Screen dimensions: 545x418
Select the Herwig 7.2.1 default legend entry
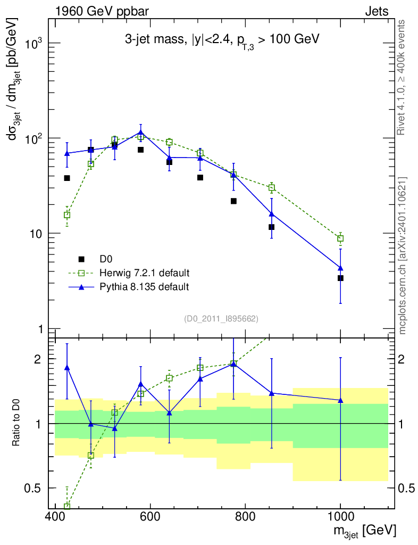(x=144, y=273)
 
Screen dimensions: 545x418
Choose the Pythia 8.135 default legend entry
(x=144, y=287)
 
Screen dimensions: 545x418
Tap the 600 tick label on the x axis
(x=150, y=516)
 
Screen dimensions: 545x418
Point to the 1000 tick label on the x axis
(x=340, y=516)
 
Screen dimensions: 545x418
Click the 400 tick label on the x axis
(x=55, y=516)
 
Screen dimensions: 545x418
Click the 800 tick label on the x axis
(x=245, y=516)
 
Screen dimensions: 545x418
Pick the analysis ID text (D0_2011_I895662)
(x=221, y=319)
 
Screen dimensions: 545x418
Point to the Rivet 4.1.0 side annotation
(x=402, y=77)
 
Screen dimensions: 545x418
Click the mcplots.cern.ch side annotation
(x=402, y=255)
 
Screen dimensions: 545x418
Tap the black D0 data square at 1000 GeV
(x=340, y=278)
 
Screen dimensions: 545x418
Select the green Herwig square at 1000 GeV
(x=340, y=238)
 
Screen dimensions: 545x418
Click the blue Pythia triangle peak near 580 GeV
(x=140, y=132)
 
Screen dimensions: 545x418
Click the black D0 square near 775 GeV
(x=233, y=201)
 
